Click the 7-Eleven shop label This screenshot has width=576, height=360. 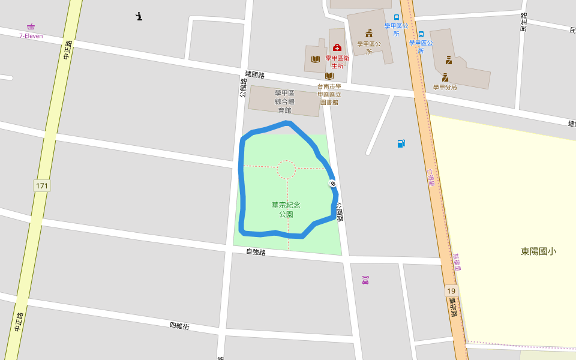31,35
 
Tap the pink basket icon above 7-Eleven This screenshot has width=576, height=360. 31,26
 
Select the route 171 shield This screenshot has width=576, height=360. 42,185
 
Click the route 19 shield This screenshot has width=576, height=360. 451,291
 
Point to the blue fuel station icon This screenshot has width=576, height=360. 401,143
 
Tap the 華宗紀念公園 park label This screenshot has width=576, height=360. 286,209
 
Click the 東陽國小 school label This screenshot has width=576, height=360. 538,251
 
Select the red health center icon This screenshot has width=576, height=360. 337,47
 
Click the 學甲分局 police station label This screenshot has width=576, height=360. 445,87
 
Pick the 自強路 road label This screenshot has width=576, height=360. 256,252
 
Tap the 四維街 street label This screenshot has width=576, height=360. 179,326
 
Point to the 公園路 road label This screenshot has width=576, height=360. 340,212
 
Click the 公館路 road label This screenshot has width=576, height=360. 243,88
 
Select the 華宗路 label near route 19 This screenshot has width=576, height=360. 453,307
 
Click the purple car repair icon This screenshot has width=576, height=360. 365,280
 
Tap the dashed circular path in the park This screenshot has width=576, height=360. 286,170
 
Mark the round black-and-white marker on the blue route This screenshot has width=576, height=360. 332,183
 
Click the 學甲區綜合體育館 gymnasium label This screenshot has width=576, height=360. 284,101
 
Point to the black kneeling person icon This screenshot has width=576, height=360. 139,16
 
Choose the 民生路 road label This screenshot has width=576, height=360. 524,22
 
